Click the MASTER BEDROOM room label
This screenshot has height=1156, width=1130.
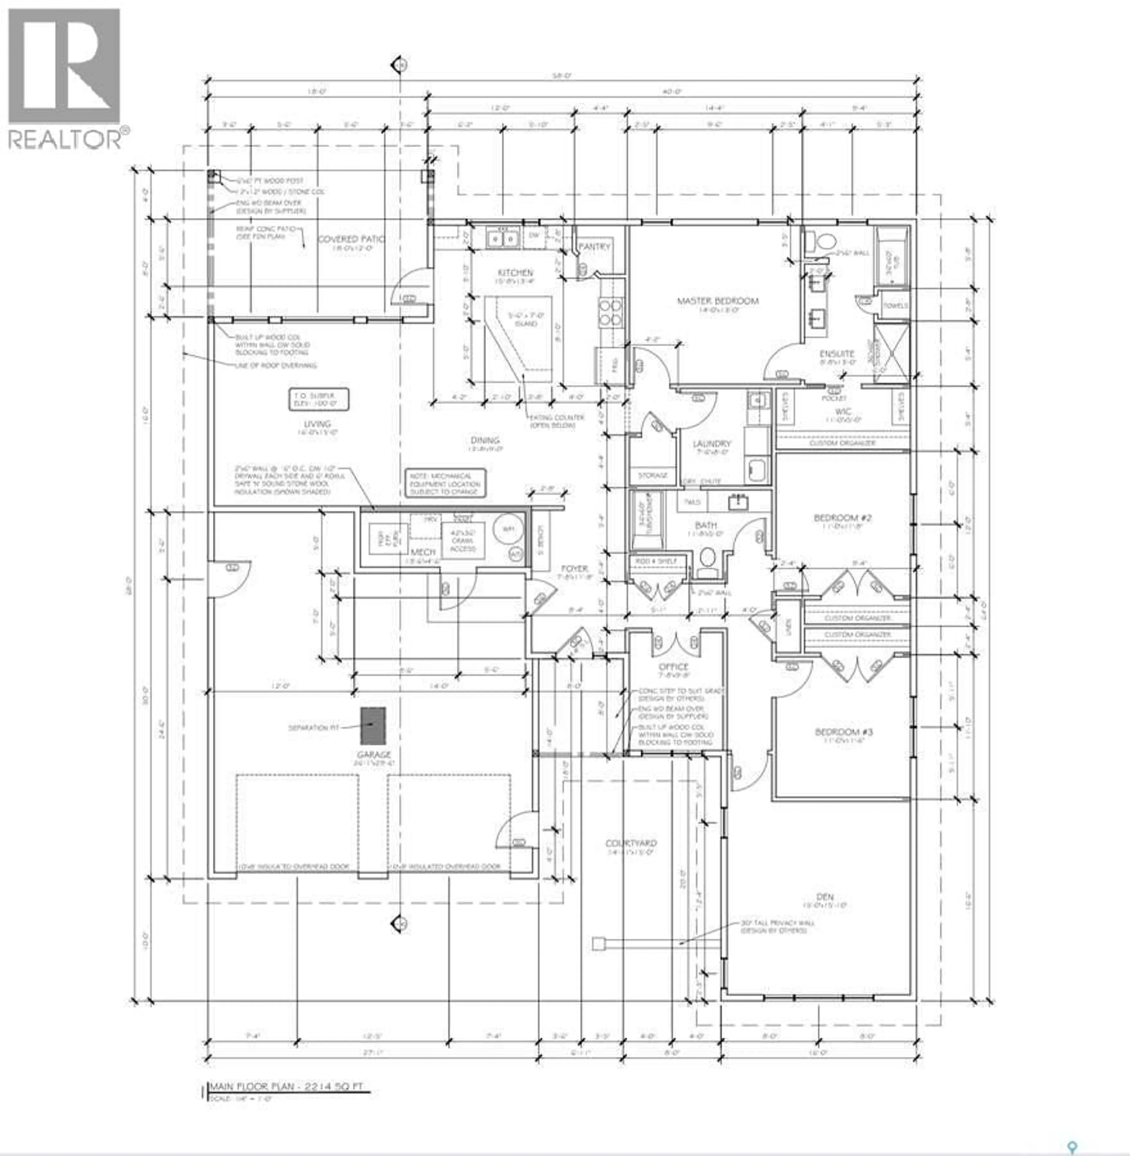pos(717,301)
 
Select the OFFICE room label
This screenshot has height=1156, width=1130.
pos(673,667)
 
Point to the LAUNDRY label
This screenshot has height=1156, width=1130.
pos(712,444)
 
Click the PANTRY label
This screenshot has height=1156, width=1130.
pos(594,246)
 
